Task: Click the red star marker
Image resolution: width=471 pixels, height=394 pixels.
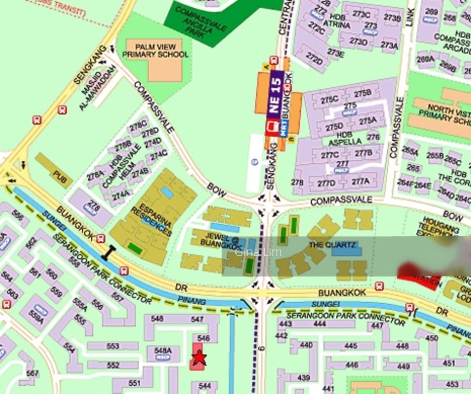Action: (x=199, y=357)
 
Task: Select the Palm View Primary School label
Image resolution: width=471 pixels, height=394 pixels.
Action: (x=155, y=51)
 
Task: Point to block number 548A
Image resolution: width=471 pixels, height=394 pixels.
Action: (x=163, y=351)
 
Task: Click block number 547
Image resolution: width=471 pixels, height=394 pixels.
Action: (x=197, y=319)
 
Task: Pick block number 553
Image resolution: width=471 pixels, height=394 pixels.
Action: (x=113, y=346)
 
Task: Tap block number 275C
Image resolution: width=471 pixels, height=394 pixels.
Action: (x=329, y=99)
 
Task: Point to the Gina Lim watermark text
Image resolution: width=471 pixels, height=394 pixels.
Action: (x=252, y=252)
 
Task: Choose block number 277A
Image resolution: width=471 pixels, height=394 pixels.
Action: (x=361, y=181)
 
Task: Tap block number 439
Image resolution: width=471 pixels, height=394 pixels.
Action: (x=304, y=378)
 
